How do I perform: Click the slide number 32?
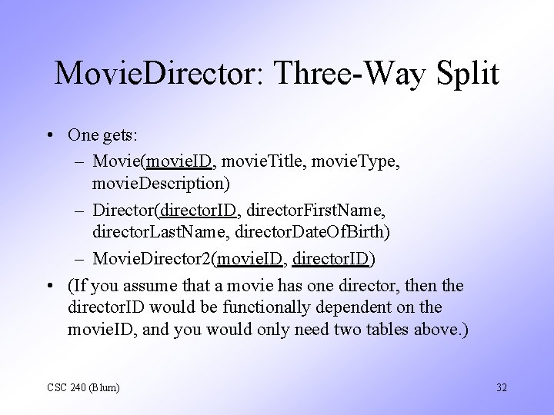click(501, 387)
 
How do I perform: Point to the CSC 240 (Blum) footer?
click(84, 387)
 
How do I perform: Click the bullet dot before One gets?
click(48, 135)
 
